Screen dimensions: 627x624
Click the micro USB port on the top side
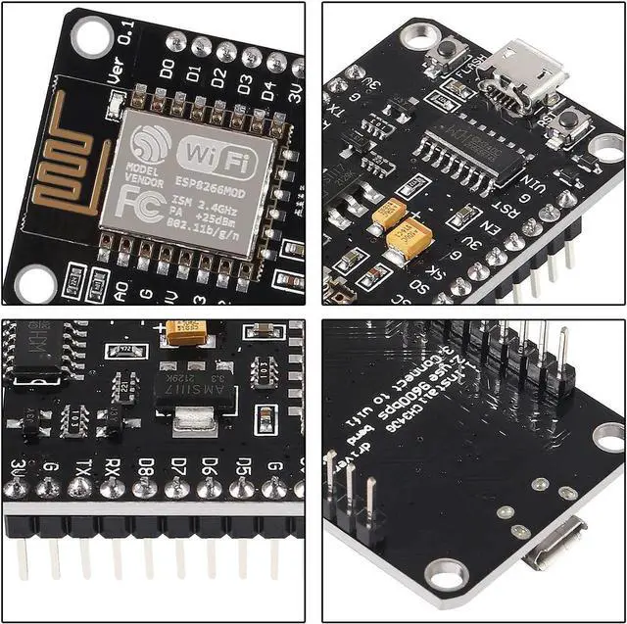pos(530,73)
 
